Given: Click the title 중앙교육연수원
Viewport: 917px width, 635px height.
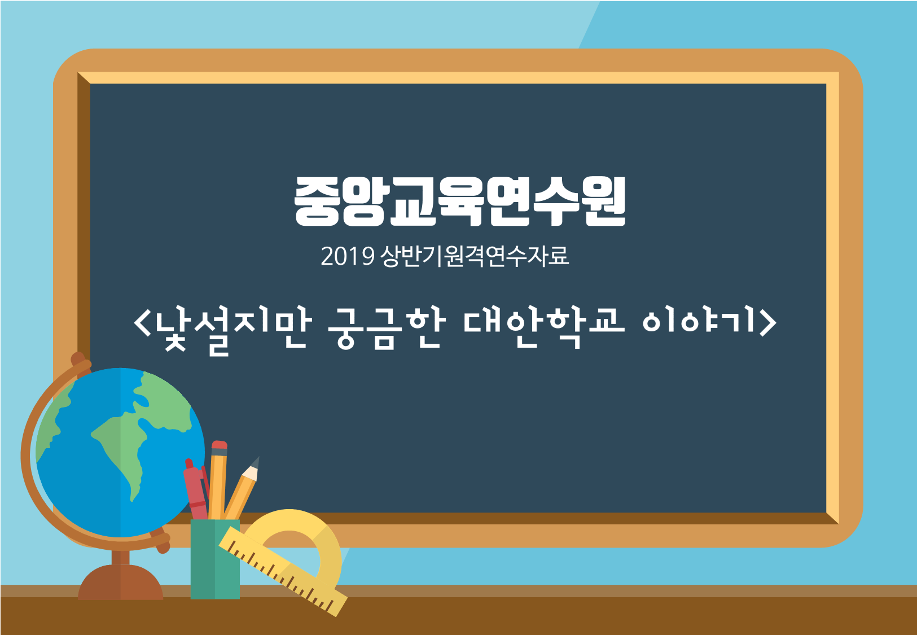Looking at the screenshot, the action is pos(460,202).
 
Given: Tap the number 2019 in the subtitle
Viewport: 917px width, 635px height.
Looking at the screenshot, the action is pos(348,256).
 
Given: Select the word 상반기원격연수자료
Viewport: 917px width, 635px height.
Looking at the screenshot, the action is pos(475,256).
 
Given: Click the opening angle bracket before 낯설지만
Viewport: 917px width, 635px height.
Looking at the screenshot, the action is pos(142,323).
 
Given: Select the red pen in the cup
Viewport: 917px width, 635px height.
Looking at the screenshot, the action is pos(196,490).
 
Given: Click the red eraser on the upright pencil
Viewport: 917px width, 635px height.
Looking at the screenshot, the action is pos(220,445).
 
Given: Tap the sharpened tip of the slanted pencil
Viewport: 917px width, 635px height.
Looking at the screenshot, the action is pos(256,462).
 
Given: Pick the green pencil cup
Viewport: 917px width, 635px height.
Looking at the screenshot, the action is pos(215,559).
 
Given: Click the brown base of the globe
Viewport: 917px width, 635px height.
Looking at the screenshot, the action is pos(120,582).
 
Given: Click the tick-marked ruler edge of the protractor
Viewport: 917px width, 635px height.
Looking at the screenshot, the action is pos(283,572).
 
